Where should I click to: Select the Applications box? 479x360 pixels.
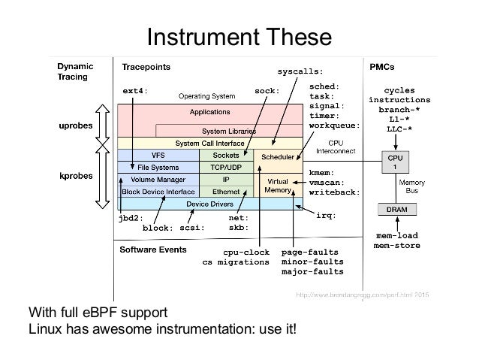pos(209,112)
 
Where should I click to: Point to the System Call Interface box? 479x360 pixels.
pos(209,142)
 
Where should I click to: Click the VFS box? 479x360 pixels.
pos(158,155)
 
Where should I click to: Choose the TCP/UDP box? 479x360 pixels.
pos(225,167)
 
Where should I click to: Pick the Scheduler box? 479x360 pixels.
pos(279,159)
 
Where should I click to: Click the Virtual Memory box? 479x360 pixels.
pos(279,186)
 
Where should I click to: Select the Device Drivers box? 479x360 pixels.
pos(209,204)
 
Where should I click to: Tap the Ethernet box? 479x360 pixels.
pos(225,191)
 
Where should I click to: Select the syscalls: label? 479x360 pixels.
pos(300,72)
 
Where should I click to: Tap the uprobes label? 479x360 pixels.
pos(77,123)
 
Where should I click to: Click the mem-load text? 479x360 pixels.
pos(396,235)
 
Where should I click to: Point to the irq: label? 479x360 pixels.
pos(325,216)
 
